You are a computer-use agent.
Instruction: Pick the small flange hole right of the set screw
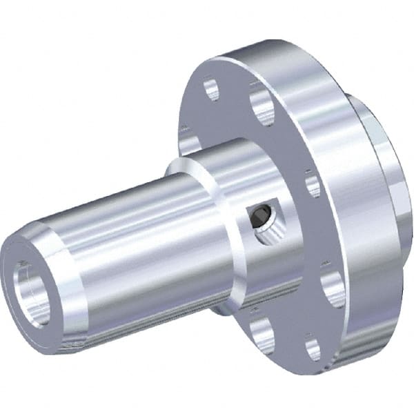(x=313, y=186)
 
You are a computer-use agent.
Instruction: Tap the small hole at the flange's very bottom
(x=313, y=348)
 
